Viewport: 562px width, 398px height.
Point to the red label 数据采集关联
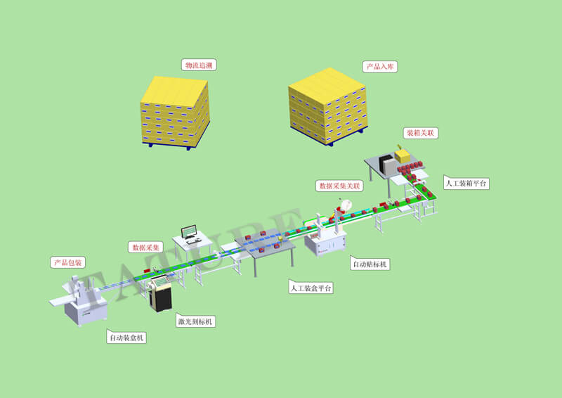[x=339, y=186]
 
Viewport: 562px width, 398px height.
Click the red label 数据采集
[x=146, y=248]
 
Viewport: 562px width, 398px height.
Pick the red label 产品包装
[x=67, y=262]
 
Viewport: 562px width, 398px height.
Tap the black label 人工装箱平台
[x=466, y=184]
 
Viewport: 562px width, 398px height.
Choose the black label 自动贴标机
[x=370, y=264]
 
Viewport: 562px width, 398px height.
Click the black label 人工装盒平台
[x=311, y=288]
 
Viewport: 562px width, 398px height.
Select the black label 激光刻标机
[x=196, y=321]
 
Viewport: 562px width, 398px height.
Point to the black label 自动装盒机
[x=127, y=338]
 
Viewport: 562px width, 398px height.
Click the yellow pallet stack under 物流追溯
[x=176, y=112]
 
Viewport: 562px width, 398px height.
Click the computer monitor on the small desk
[x=190, y=232]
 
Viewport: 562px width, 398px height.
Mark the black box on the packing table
[x=388, y=164]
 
